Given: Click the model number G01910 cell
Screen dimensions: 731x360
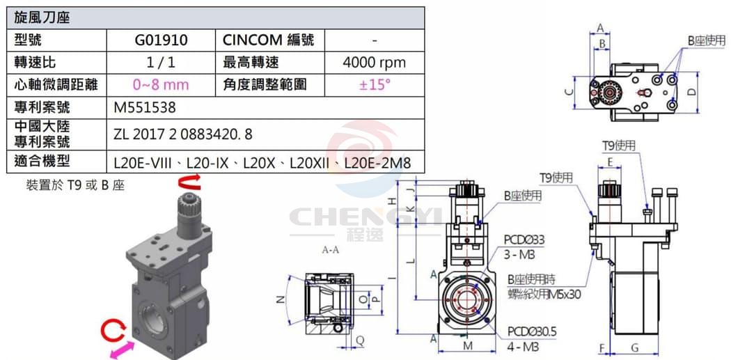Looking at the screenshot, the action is point(162,40).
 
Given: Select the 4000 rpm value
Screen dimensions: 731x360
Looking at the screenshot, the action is point(374,63).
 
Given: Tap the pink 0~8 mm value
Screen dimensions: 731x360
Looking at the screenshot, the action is point(161,85).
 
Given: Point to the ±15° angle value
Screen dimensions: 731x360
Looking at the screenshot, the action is point(375,84).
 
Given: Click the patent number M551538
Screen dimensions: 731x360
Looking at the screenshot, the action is point(145,108).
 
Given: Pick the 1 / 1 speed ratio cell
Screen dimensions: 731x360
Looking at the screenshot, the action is point(162,63).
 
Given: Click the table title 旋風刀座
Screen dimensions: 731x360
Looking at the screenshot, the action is point(42,18).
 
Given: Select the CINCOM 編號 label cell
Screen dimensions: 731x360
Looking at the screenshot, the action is point(268,40).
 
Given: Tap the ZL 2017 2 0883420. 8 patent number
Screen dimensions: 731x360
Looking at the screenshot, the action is point(182,134).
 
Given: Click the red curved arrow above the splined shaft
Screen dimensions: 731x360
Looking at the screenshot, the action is point(189,182).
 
